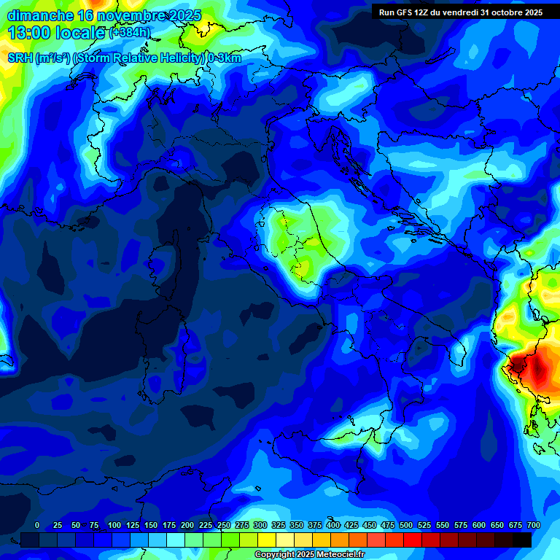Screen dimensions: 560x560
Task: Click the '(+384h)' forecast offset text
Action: [x=131, y=34]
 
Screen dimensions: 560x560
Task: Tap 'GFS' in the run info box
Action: [x=406, y=12]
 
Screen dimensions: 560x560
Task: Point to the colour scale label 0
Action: [x=37, y=525]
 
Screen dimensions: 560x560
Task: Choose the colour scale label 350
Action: [x=296, y=525]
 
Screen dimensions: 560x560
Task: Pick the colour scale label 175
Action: [x=168, y=525]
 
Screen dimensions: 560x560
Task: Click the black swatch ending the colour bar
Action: [x=522, y=540]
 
